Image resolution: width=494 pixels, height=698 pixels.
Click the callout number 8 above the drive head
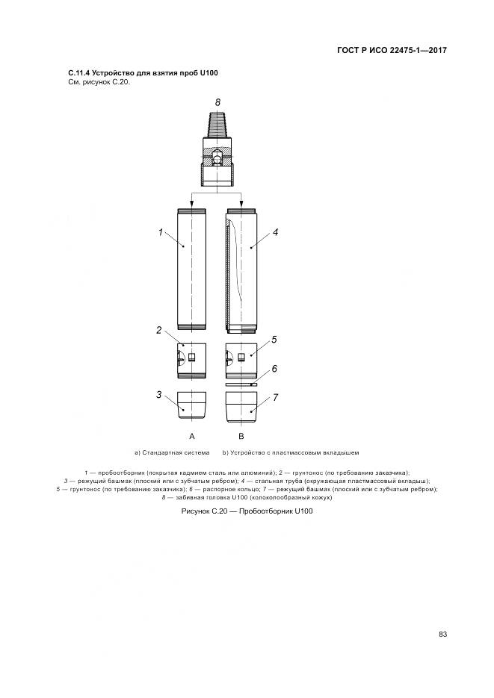point(217,102)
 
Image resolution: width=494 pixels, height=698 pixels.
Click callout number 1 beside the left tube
point(161,232)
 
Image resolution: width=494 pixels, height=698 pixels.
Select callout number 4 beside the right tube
point(275,232)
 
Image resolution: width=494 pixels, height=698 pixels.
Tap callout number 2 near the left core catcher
point(158,330)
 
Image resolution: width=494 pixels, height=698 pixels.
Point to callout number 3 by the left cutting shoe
point(158,394)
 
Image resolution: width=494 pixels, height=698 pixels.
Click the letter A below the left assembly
point(192,436)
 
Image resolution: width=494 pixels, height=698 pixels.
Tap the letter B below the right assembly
point(241,436)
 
